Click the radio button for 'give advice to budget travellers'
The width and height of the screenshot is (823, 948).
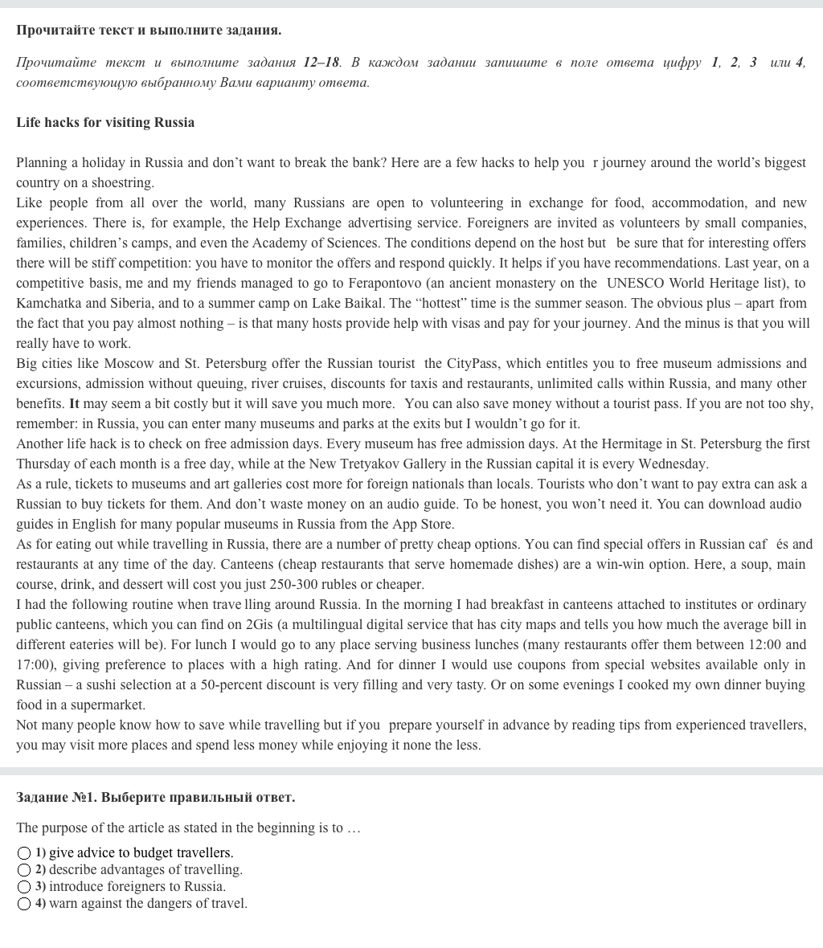[24, 853]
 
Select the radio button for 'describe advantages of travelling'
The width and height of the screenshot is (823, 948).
[24, 870]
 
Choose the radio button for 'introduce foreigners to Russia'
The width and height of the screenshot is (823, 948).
[24, 887]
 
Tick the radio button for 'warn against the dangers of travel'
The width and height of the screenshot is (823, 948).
[24, 904]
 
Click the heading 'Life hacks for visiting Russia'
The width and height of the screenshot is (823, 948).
[105, 123]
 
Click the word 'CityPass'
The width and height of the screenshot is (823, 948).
[472, 364]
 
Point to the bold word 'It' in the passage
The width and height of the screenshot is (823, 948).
[75, 404]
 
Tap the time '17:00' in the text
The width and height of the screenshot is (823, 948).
[34, 665]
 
